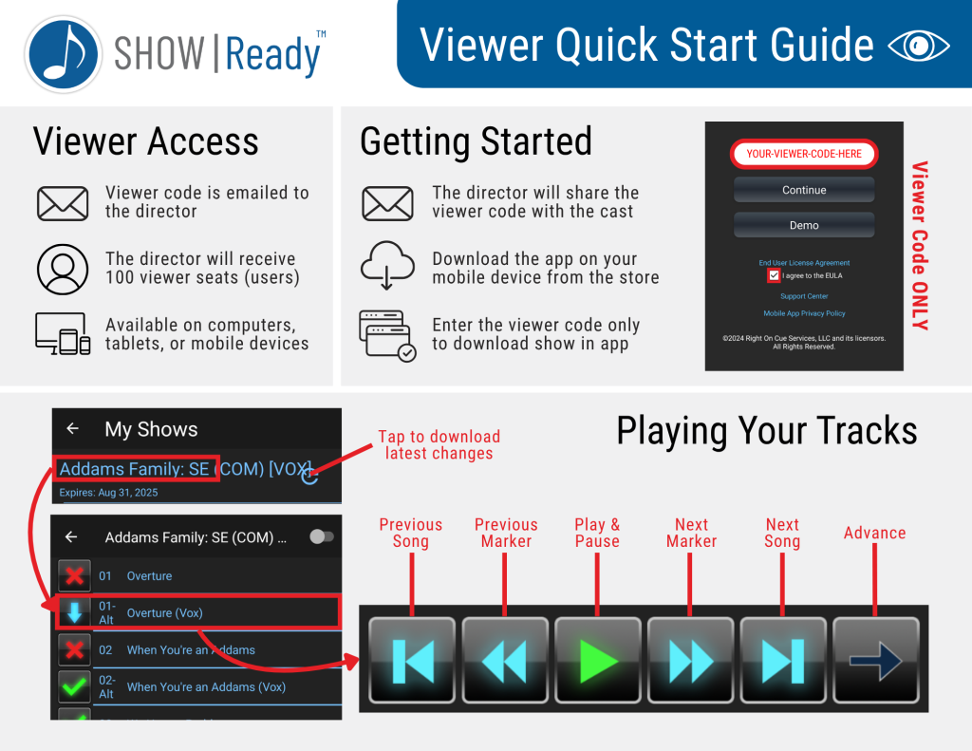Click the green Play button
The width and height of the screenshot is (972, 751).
click(598, 660)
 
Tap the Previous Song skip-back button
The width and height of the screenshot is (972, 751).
click(412, 660)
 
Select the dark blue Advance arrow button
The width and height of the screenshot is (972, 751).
click(875, 660)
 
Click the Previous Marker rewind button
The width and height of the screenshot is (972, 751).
click(505, 660)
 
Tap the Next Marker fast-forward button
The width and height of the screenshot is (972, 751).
click(691, 660)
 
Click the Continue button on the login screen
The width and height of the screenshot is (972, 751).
click(804, 190)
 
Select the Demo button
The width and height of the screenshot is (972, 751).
click(804, 225)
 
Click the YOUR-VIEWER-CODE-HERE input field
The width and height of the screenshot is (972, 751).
click(804, 154)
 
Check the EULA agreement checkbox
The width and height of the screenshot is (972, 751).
click(774, 275)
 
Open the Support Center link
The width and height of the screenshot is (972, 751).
click(804, 296)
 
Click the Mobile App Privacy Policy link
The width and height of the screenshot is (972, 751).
click(804, 314)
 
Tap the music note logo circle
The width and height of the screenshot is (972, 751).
click(64, 54)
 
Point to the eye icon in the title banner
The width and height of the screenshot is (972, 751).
click(918, 46)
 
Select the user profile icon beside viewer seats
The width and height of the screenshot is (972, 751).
click(63, 269)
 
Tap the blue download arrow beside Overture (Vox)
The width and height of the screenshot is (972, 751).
click(74, 612)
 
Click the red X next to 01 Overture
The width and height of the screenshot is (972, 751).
click(74, 575)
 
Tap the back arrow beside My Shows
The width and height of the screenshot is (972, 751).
click(72, 428)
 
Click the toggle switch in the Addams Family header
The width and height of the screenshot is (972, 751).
click(322, 536)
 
